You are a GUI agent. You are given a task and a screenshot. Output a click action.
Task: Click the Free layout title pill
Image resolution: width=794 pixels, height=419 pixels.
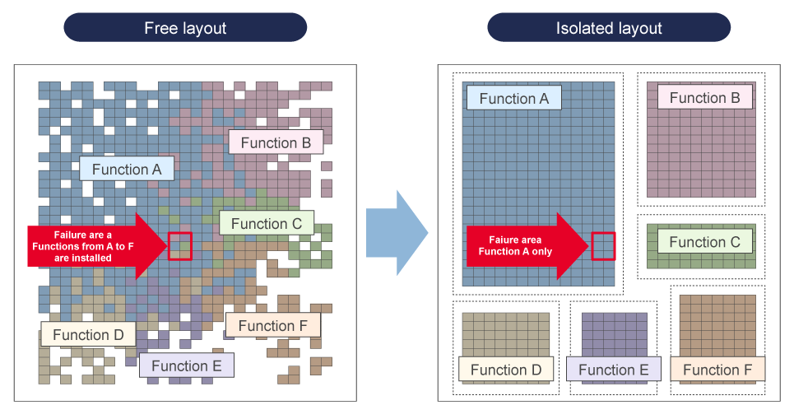point(185,28)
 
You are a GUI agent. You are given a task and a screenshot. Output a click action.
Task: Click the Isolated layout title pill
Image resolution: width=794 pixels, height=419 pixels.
point(609,28)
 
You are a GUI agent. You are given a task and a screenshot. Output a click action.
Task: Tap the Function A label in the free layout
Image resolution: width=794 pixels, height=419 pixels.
point(127,169)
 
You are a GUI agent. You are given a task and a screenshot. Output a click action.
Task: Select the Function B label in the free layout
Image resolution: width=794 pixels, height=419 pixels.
point(276,142)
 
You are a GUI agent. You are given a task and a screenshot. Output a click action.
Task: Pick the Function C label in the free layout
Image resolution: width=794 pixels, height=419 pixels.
point(267,223)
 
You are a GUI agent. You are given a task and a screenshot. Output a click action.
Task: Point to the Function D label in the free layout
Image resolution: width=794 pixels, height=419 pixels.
point(88,334)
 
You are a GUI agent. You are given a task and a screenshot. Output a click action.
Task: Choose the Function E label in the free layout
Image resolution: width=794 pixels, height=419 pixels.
point(187,365)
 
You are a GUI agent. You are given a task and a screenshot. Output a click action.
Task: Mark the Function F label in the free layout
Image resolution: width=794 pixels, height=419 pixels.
point(272,326)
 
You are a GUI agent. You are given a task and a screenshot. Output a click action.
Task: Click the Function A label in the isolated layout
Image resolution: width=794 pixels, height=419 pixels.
point(513,99)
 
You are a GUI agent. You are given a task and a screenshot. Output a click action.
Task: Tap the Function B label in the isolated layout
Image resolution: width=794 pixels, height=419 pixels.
point(704,98)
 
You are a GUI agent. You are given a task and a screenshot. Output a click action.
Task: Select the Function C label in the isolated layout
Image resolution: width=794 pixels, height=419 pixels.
point(704,242)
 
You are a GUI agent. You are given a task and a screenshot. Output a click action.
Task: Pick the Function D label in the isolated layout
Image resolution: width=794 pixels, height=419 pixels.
point(506,370)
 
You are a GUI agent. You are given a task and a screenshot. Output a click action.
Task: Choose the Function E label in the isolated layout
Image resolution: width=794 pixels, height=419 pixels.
point(613,370)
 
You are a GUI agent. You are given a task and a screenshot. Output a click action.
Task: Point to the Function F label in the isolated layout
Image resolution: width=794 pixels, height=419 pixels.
point(717,370)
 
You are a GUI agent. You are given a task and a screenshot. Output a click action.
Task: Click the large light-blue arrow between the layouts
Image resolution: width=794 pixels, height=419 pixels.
point(396,233)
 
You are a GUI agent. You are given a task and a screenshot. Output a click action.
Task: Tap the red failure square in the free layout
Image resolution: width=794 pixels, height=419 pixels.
point(180,246)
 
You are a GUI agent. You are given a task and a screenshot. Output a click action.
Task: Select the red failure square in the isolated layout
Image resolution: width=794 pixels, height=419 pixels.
point(603,246)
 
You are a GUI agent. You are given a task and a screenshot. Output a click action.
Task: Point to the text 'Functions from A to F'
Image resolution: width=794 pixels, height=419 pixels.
point(82,246)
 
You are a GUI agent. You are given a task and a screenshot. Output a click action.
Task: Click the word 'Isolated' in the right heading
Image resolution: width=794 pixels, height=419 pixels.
point(583,28)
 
